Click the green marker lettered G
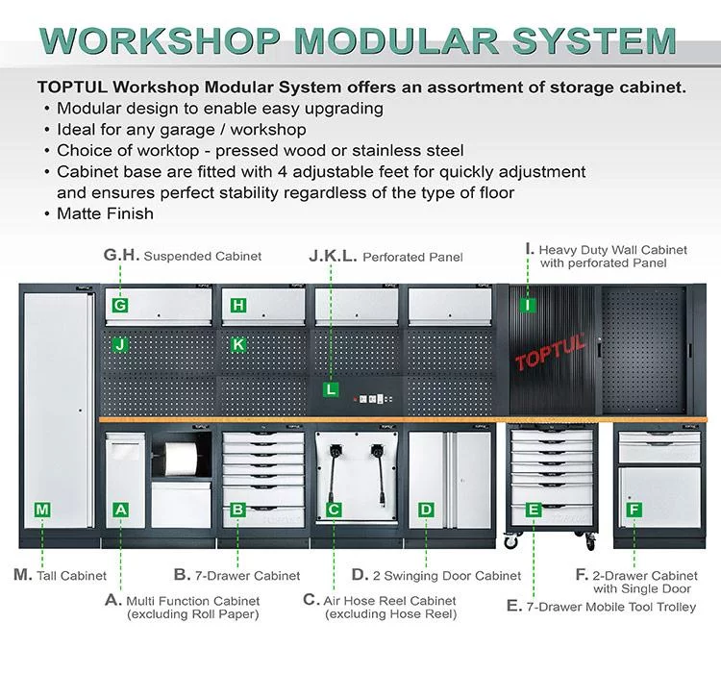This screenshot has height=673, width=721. pyautogui.click(x=119, y=306)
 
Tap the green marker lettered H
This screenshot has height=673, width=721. pyautogui.click(x=239, y=306)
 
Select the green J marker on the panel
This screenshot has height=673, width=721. pyautogui.click(x=119, y=344)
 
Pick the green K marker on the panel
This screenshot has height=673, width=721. pyautogui.click(x=239, y=344)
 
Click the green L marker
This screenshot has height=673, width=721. pyautogui.click(x=331, y=390)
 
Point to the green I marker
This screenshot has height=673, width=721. pyautogui.click(x=527, y=306)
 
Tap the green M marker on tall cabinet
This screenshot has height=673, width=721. pyautogui.click(x=42, y=510)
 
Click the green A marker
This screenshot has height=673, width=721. pyautogui.click(x=120, y=510)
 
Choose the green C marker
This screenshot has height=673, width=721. pyautogui.click(x=333, y=510)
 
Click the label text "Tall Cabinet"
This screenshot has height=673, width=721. pyautogui.click(x=71, y=576)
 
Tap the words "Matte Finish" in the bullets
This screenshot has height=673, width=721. pyautogui.click(x=104, y=213)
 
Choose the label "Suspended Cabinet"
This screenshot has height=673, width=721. pyautogui.click(x=204, y=257)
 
